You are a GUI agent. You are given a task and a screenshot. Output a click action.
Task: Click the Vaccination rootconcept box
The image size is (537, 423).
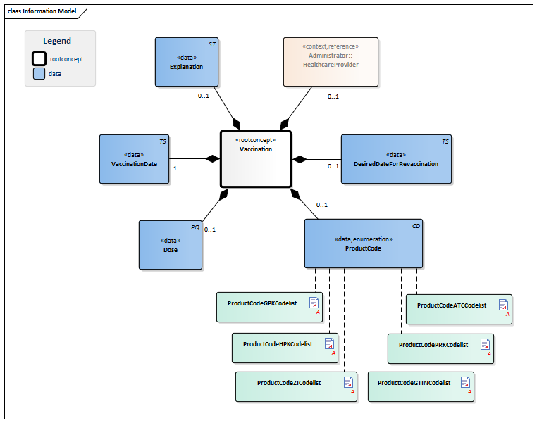[255, 159]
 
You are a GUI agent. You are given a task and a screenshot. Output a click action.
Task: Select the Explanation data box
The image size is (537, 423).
[187, 62]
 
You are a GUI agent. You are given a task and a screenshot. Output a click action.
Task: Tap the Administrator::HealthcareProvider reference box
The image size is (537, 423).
[331, 62]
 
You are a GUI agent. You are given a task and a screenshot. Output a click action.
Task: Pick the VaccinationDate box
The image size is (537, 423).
[134, 159]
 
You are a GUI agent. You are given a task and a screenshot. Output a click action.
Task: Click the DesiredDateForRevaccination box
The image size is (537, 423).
[396, 159]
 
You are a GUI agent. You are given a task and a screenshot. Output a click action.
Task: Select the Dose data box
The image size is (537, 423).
[170, 245]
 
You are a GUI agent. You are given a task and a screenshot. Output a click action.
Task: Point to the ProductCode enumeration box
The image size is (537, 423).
[364, 244]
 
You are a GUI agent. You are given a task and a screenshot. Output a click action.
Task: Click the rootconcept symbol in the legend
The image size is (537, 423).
[39, 59]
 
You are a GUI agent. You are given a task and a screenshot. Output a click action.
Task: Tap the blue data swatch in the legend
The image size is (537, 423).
[39, 73]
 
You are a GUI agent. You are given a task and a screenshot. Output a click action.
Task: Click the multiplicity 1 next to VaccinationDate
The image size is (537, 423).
[175, 169]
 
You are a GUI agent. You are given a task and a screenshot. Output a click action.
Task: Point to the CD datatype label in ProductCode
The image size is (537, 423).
[416, 226]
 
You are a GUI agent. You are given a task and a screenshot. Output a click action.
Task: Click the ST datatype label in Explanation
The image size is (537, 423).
[212, 44]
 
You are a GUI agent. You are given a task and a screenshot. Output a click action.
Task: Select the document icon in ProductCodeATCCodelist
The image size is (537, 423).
[503, 305]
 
